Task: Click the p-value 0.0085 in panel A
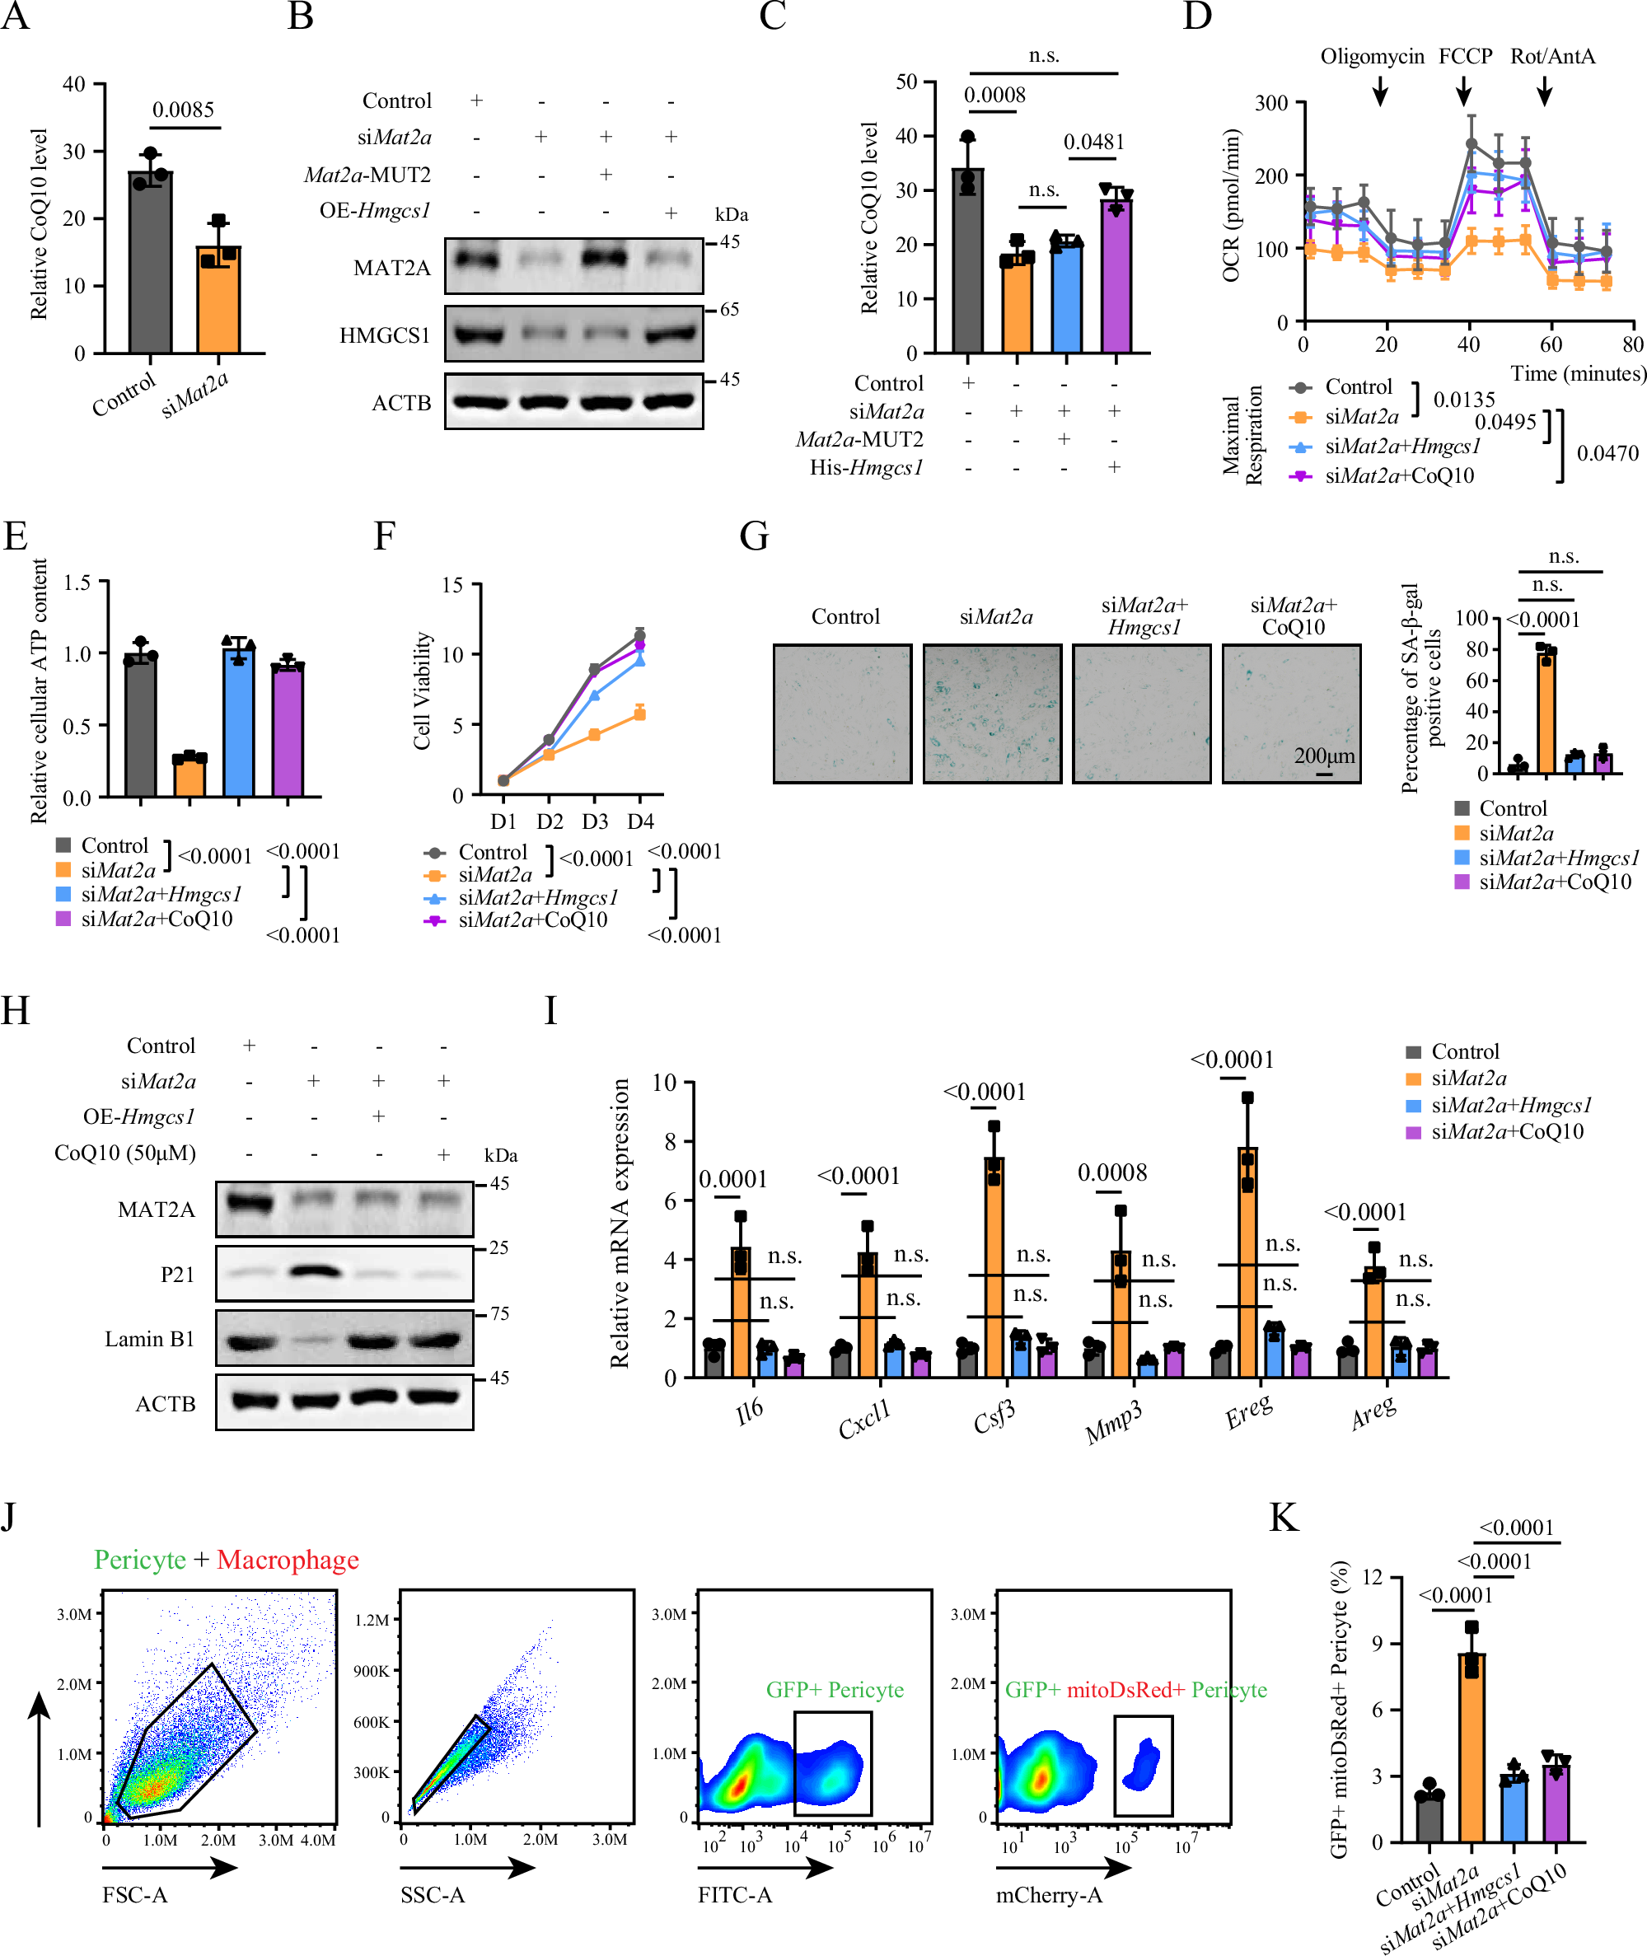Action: (183, 110)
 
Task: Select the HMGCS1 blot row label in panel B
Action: (385, 335)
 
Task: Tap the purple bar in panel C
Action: (1116, 280)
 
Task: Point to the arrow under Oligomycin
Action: (1380, 91)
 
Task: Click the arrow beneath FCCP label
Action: (1464, 91)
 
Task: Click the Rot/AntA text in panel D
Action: (1551, 56)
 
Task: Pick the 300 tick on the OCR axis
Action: (1270, 103)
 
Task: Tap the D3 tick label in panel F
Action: (595, 821)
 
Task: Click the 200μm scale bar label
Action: (1324, 756)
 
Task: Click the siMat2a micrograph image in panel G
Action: (991, 714)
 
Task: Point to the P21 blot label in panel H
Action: (177, 1275)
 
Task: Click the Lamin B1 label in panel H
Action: (149, 1339)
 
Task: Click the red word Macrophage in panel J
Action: (288, 1561)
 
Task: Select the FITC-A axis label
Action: (735, 1894)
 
